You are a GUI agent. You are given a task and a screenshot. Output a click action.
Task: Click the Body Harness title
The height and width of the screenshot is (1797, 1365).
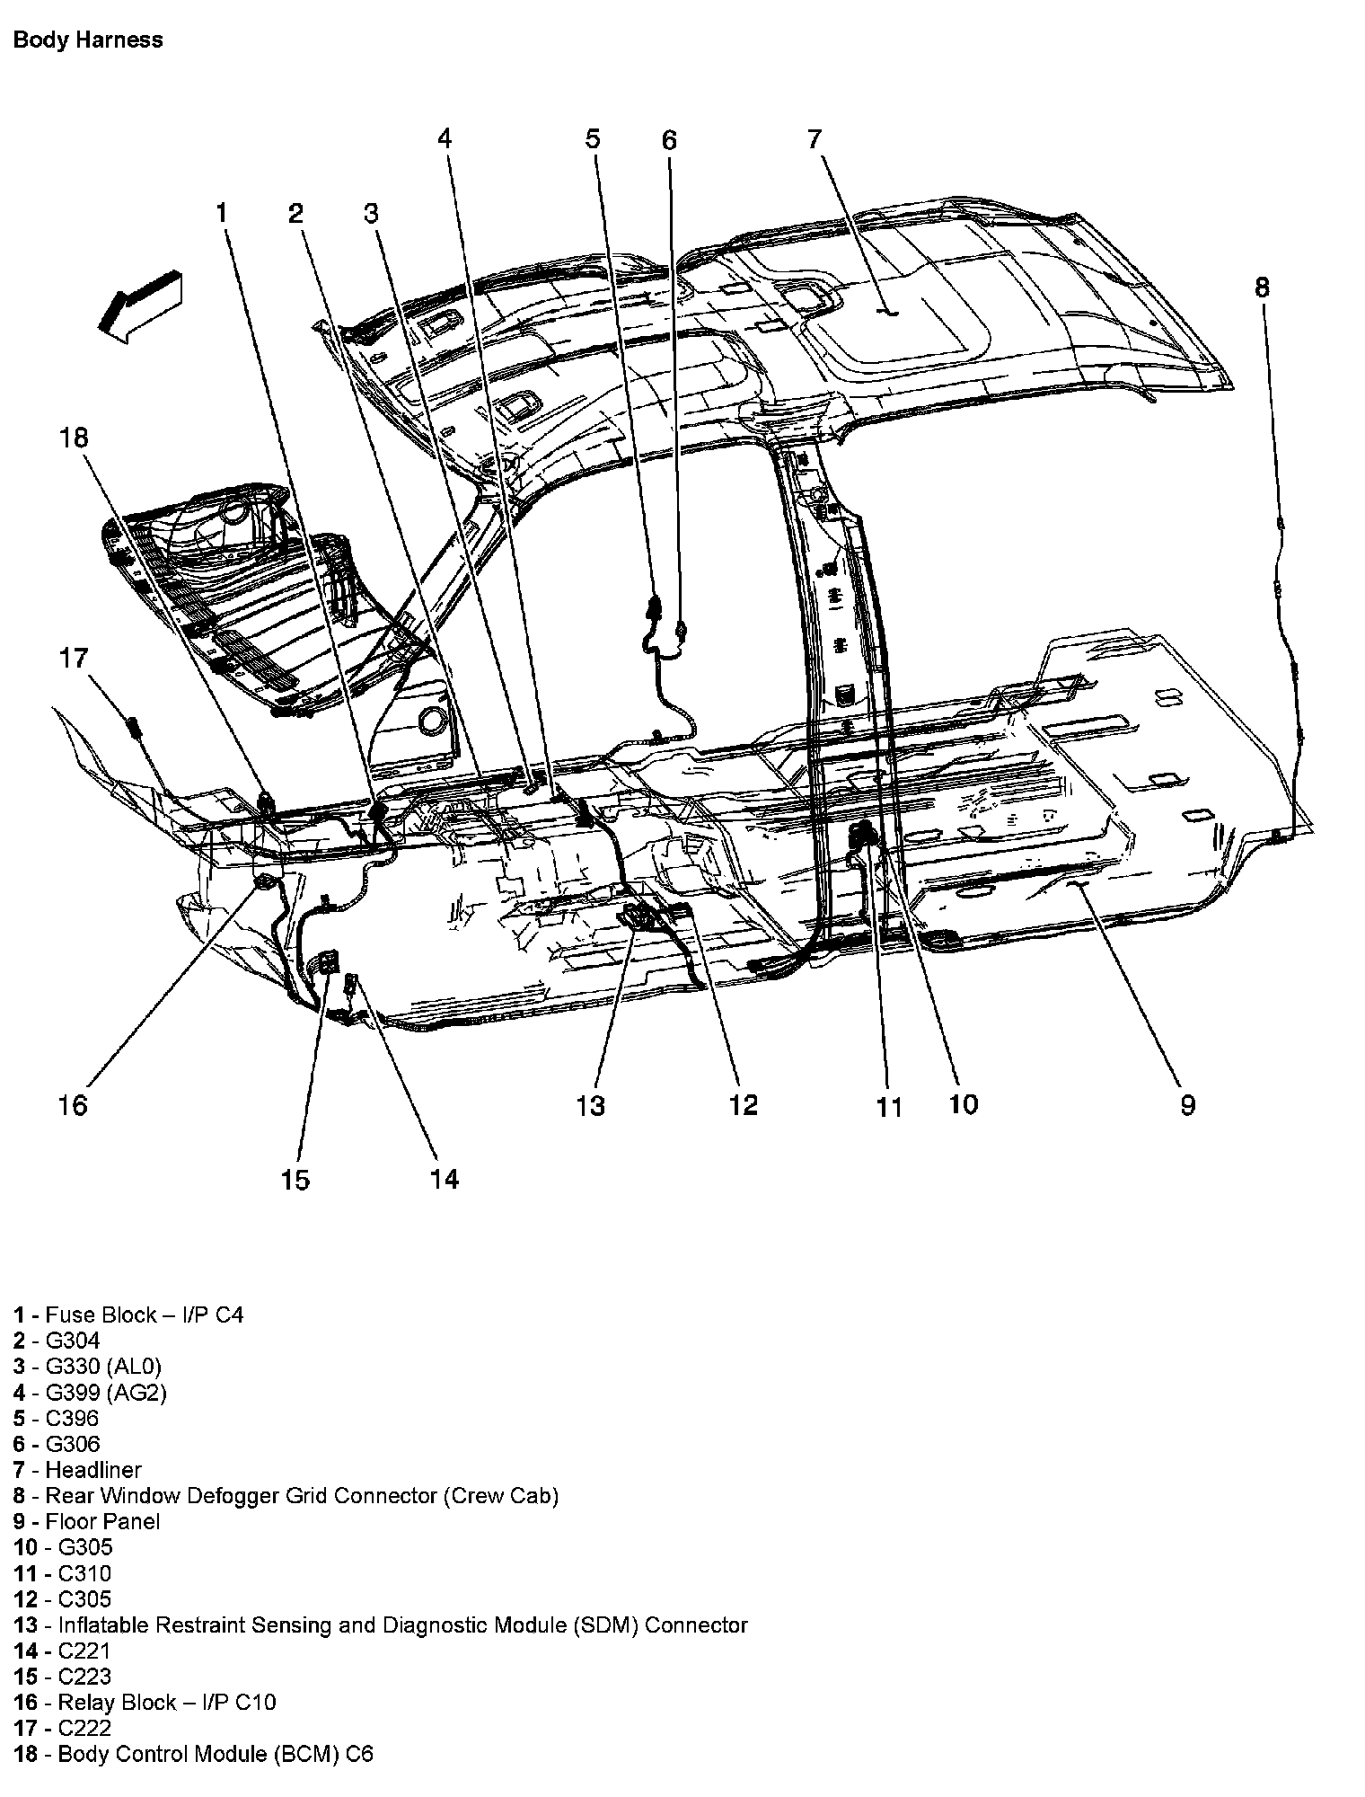[88, 40]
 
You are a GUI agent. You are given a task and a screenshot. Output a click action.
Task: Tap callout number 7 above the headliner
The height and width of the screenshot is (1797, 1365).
[814, 139]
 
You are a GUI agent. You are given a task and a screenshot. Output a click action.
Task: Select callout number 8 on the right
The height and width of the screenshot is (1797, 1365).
[1262, 288]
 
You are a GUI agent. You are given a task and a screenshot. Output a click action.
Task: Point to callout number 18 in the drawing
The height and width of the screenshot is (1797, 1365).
[75, 438]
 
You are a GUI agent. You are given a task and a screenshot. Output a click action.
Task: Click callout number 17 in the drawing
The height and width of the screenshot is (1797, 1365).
[74, 658]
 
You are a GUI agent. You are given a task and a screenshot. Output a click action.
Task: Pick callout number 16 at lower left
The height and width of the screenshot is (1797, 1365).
[73, 1104]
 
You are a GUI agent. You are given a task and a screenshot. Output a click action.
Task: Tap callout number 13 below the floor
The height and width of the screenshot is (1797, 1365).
[591, 1105]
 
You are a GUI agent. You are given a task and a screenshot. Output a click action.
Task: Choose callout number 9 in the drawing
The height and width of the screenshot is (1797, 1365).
[1187, 1105]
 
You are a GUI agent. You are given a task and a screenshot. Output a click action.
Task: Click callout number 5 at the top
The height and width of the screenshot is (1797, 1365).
[592, 139]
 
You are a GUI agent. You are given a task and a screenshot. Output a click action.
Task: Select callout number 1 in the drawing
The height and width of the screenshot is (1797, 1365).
[221, 214]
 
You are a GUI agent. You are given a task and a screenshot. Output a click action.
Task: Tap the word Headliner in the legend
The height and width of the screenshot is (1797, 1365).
[93, 1470]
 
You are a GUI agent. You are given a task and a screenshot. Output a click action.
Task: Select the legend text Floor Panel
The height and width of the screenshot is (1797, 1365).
[102, 1521]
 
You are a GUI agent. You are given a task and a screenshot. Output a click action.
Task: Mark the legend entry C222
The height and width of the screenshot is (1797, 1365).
[84, 1728]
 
